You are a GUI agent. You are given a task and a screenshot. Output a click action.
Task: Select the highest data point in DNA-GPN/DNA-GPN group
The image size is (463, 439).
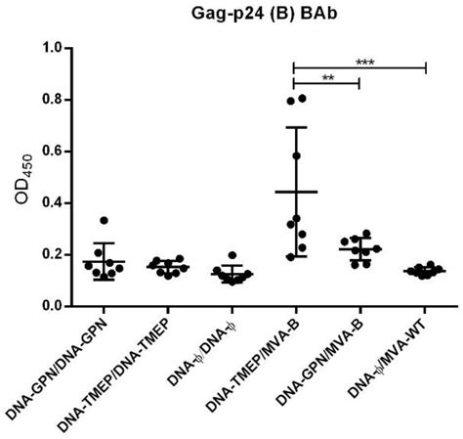104,221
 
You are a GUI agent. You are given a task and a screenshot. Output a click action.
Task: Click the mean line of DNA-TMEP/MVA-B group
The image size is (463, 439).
296,192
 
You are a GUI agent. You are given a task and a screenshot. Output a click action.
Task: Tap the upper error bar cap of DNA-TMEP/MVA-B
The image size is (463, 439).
296,127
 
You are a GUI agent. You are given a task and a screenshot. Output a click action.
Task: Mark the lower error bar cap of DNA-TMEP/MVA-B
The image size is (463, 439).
296,256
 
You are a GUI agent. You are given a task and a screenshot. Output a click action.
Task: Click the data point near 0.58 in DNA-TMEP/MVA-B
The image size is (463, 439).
296,156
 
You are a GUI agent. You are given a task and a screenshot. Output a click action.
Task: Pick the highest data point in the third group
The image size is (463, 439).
231,255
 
